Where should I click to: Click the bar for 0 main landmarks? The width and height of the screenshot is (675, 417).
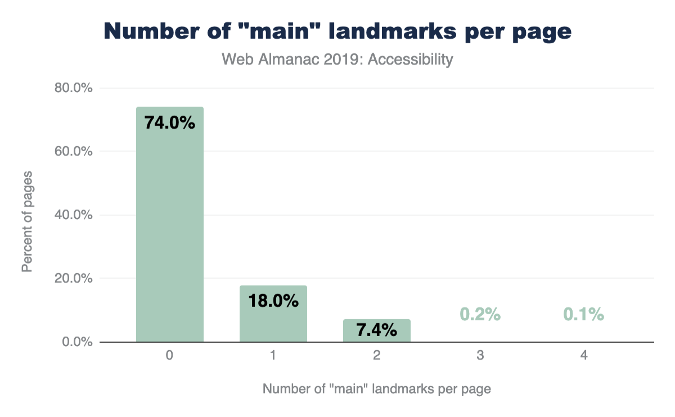169,225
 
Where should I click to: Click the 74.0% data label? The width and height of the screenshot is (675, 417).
169,123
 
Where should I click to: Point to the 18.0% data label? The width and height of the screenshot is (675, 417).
273,301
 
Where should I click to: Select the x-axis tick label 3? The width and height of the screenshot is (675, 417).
480,356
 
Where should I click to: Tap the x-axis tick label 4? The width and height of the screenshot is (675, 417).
583,356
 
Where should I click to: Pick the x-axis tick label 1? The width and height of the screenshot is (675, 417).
273,356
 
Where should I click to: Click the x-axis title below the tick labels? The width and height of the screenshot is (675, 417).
376,389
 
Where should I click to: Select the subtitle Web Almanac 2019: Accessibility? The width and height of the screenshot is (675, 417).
337,60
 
